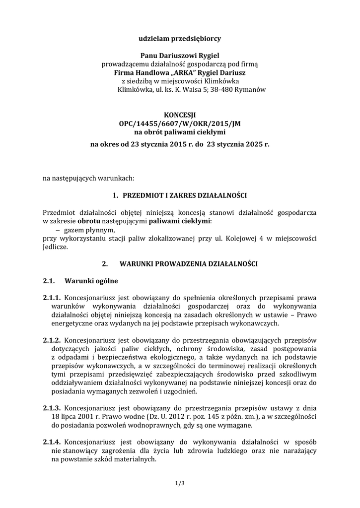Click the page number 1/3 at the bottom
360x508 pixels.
tap(180, 481)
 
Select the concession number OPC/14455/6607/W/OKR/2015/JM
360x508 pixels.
tap(180, 124)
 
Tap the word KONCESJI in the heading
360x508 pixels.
tap(180, 115)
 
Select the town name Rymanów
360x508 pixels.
tap(252, 90)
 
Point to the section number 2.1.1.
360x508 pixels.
tap(52, 298)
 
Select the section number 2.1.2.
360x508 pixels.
tap(52, 341)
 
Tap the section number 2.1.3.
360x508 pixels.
tap(52, 408)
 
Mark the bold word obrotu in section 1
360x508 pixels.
tap(89, 221)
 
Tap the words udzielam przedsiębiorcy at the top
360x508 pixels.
tap(180, 38)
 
